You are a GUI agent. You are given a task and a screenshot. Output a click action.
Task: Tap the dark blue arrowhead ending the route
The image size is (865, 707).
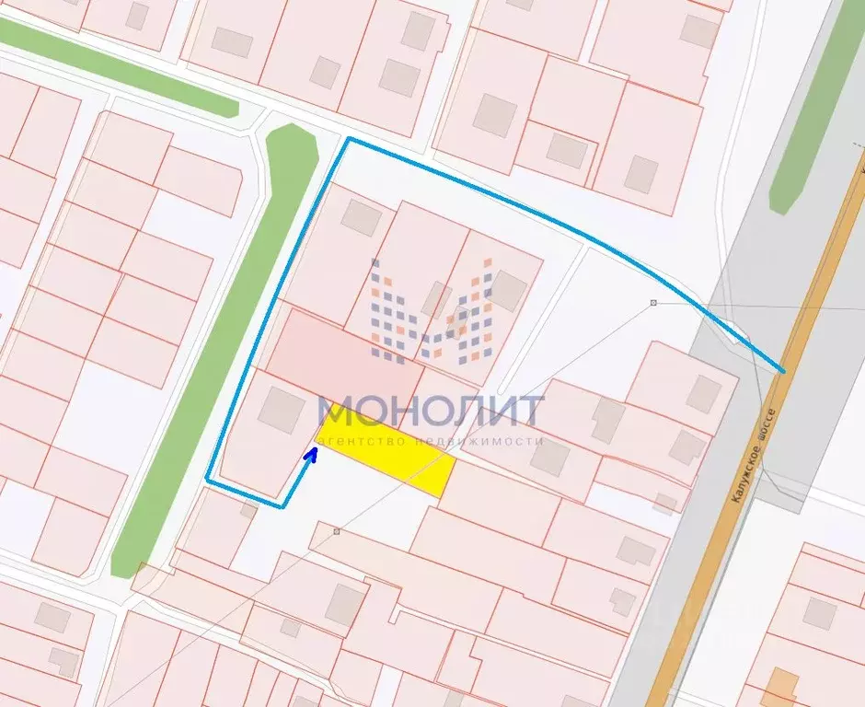312,454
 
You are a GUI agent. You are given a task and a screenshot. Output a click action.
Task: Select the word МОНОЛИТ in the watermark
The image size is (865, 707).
431,411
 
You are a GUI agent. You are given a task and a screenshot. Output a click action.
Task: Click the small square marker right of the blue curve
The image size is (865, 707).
653,302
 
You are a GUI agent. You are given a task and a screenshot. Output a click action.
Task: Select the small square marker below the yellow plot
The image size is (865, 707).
337,531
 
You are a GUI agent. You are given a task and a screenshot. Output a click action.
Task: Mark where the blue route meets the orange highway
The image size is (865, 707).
784,371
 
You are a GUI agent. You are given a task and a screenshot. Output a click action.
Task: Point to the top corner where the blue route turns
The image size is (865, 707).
348,139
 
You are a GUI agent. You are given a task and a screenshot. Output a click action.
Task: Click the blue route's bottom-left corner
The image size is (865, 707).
208,480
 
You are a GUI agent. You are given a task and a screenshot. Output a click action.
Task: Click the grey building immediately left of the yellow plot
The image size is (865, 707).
281,410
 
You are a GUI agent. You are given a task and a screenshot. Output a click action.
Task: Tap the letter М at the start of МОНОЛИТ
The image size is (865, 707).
335,411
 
